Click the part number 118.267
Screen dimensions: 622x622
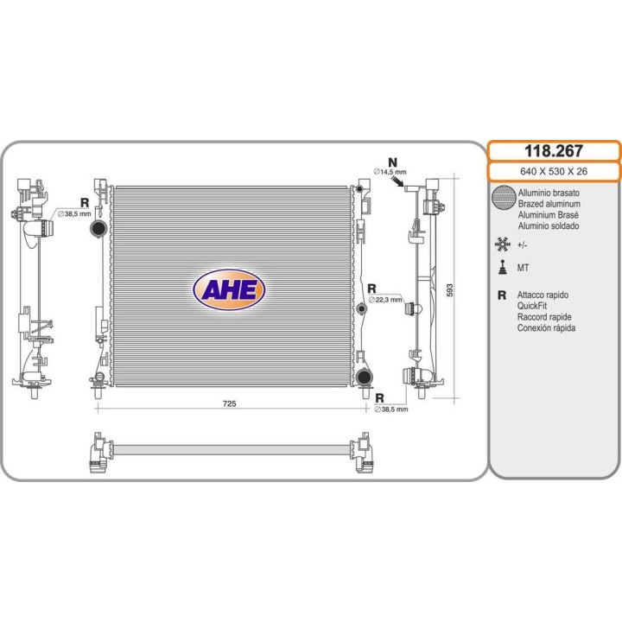[x=554, y=151]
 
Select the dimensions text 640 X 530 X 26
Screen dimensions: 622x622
[x=554, y=171]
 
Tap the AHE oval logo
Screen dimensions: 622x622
[x=229, y=289]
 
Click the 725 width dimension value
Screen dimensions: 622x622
[x=229, y=403]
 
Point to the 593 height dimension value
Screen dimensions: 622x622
[x=449, y=290]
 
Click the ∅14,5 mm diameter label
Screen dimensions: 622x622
[x=390, y=172]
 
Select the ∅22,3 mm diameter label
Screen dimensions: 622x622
[x=385, y=300]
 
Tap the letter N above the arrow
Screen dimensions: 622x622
[x=392, y=162]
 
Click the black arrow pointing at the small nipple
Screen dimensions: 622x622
[x=397, y=181]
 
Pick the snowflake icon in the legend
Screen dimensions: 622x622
[x=503, y=244]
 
